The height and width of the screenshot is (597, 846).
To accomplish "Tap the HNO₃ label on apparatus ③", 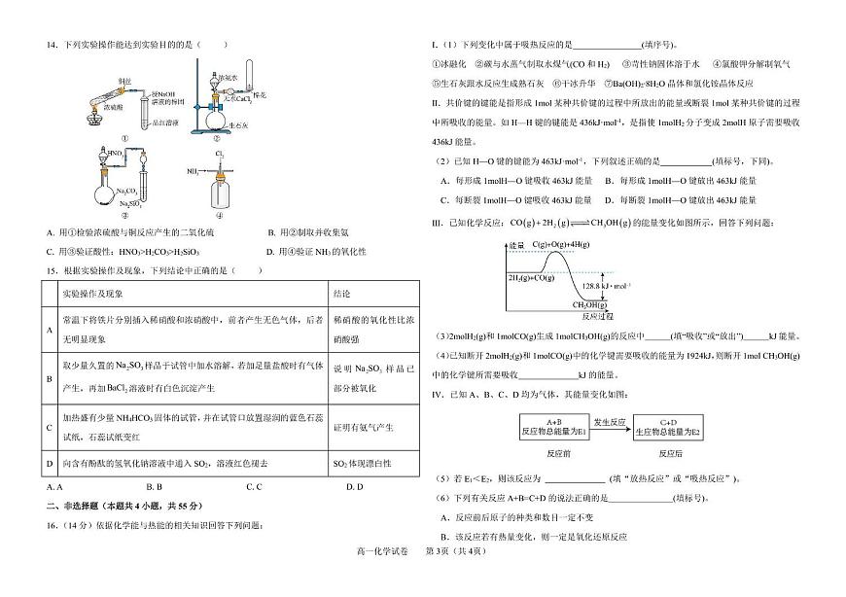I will [115, 154].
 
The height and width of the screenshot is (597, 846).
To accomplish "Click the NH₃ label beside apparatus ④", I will [193, 172].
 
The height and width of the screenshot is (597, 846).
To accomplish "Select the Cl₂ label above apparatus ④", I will [221, 152].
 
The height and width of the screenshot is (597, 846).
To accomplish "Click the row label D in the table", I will [50, 463].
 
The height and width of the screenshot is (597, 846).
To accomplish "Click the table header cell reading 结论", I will [342, 292].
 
